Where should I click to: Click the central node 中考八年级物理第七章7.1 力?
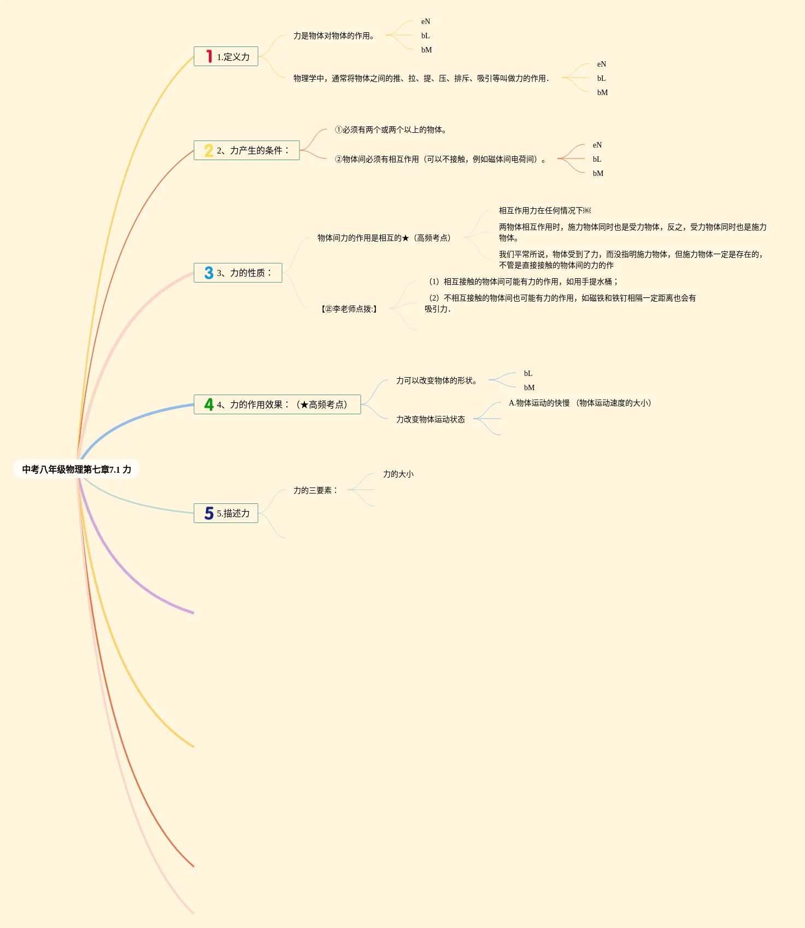[77, 469]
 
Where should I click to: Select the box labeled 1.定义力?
[226, 56]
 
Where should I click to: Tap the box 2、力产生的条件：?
[246, 150]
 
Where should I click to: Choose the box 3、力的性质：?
[238, 273]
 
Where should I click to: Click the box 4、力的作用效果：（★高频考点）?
[277, 404]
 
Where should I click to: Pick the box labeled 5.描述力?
[226, 513]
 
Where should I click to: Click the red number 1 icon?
[209, 56]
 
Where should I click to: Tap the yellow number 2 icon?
[209, 150]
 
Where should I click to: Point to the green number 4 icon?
[209, 404]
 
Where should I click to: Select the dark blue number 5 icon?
[209, 513]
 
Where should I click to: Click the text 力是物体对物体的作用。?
[334, 36]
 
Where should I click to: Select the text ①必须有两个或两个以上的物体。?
[391, 130]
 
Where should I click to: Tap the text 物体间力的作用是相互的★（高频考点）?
[384, 238]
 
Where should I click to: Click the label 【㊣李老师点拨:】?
[349, 309]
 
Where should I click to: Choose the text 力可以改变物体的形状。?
[437, 380]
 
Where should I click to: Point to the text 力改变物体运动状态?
[431, 419]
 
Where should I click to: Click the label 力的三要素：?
[316, 490]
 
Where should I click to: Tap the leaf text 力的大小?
[398, 474]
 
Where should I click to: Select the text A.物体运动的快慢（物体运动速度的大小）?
[580, 403]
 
